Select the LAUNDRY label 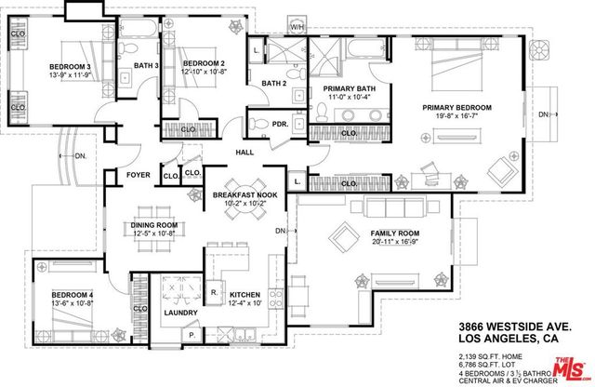tap(180, 313)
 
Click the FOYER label tap(139, 174)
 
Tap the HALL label tap(245, 153)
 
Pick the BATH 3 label tap(146, 65)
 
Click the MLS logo tap(570, 369)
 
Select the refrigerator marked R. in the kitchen tap(214, 292)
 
